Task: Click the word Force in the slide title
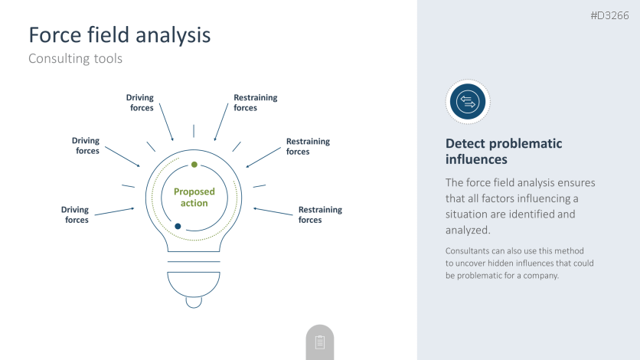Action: pyautogui.click(x=54, y=34)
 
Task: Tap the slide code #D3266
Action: pyautogui.click(x=610, y=15)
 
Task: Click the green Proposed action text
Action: pyautogui.click(x=194, y=197)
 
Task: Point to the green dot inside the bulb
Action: pyautogui.click(x=194, y=165)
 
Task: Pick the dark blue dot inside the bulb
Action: pyautogui.click(x=178, y=226)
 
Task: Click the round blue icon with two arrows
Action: pyautogui.click(x=468, y=102)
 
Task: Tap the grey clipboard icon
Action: pyautogui.click(x=320, y=342)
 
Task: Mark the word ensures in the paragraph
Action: pyautogui.click(x=576, y=182)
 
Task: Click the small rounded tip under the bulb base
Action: pyautogui.click(x=194, y=303)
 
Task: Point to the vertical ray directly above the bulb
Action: pyautogui.click(x=194, y=131)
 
